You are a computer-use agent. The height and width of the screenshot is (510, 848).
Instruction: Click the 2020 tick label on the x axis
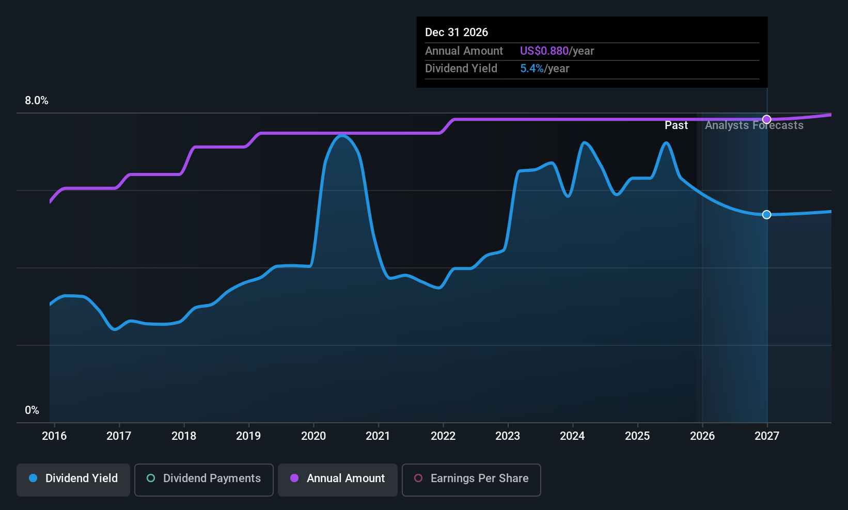(313, 436)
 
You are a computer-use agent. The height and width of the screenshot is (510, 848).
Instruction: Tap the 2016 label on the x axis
(54, 436)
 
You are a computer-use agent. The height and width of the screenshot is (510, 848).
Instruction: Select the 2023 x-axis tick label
(508, 436)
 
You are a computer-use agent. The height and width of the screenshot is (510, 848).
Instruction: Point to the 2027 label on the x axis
(767, 436)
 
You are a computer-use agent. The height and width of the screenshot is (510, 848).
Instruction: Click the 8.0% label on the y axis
(37, 101)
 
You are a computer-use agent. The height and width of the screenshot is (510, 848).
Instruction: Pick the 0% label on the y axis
(32, 410)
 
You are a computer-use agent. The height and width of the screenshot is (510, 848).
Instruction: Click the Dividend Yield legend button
(73, 479)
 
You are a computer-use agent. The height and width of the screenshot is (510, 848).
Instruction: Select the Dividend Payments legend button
(204, 479)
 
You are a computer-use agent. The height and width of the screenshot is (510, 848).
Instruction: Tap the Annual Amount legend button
(338, 479)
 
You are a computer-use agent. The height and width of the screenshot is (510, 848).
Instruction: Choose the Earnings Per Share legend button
(472, 479)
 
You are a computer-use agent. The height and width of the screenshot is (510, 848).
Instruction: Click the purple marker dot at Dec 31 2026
(767, 119)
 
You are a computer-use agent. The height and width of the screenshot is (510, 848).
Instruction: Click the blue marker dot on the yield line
(767, 214)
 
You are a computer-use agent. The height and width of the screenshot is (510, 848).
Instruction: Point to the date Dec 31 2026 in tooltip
(457, 32)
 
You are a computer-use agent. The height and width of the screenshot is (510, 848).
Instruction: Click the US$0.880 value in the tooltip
(544, 51)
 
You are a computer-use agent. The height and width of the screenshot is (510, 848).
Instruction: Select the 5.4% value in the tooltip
(531, 68)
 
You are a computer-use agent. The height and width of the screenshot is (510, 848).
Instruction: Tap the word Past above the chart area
(676, 125)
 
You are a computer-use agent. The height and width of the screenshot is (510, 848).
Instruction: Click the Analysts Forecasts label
(754, 125)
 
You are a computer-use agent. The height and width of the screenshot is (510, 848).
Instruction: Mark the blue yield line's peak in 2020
(342, 135)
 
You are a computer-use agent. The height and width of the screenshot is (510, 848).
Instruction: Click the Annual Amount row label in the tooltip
(464, 51)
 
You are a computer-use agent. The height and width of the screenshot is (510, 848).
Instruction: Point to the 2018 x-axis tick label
(184, 436)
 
